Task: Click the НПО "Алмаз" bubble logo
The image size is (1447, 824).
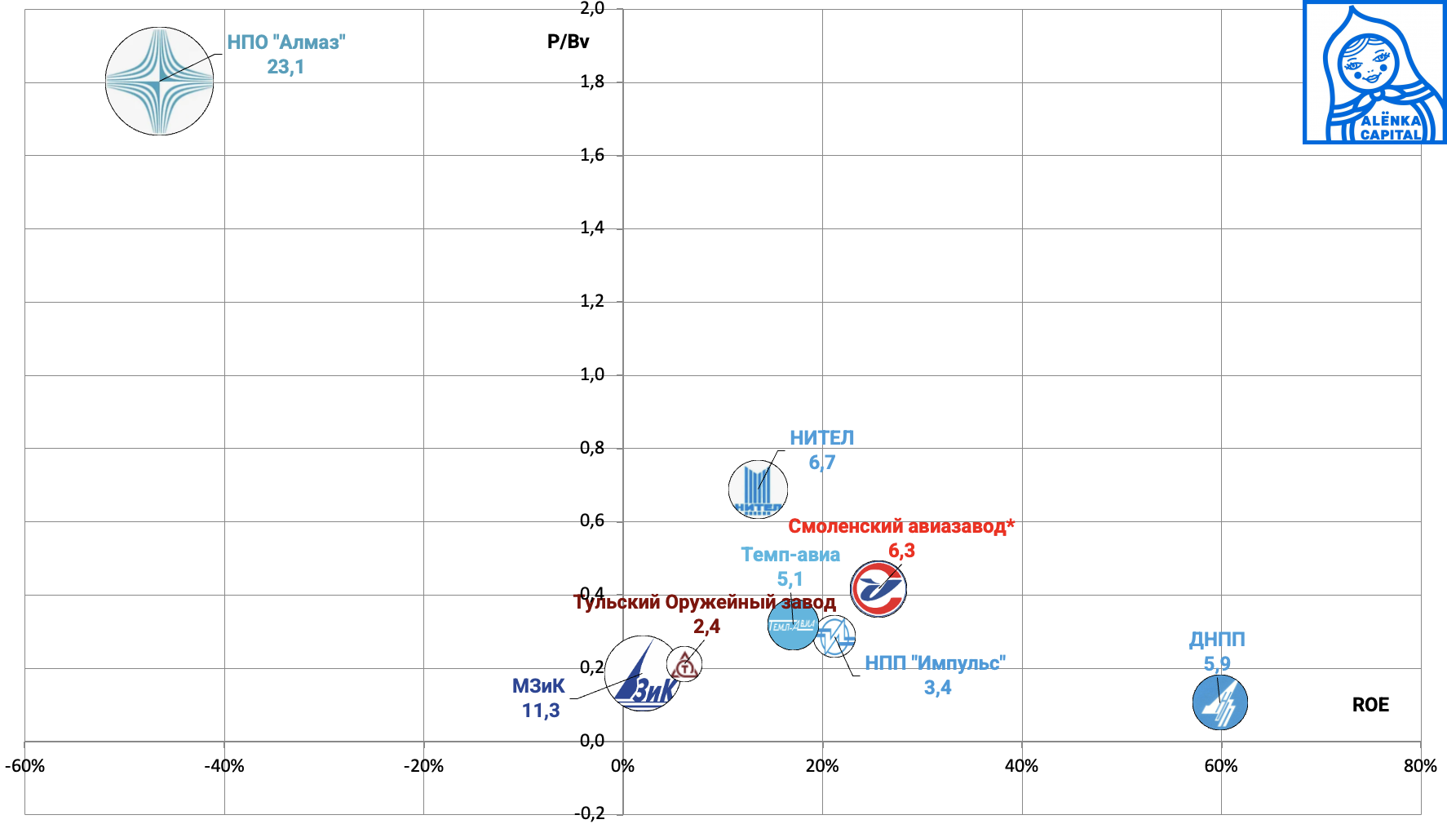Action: click(159, 81)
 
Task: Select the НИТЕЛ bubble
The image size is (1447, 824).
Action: click(758, 490)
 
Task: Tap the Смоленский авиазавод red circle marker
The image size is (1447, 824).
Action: click(878, 588)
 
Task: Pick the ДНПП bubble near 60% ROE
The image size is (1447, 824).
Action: click(1220, 702)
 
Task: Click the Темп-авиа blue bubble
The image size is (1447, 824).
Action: click(792, 625)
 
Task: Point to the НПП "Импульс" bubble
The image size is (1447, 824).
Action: click(834, 636)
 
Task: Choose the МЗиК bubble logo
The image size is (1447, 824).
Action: click(643, 673)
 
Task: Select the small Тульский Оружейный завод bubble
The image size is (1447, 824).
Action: click(684, 664)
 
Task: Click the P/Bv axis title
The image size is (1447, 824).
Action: click(568, 42)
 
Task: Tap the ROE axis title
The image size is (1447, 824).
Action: click(1370, 705)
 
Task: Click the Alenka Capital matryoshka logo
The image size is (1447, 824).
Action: click(1374, 73)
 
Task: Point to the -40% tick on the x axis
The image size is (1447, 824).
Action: click(224, 766)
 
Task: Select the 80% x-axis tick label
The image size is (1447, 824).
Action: click(1420, 766)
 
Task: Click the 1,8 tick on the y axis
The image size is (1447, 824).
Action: click(592, 82)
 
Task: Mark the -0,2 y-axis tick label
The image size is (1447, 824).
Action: click(590, 813)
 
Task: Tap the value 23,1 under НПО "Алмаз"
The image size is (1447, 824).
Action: click(285, 67)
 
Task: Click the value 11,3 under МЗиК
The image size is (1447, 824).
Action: click(541, 711)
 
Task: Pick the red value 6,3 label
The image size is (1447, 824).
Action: click(901, 551)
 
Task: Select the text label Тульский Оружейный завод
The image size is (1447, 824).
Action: click(705, 603)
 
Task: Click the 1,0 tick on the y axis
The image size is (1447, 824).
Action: click(592, 375)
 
